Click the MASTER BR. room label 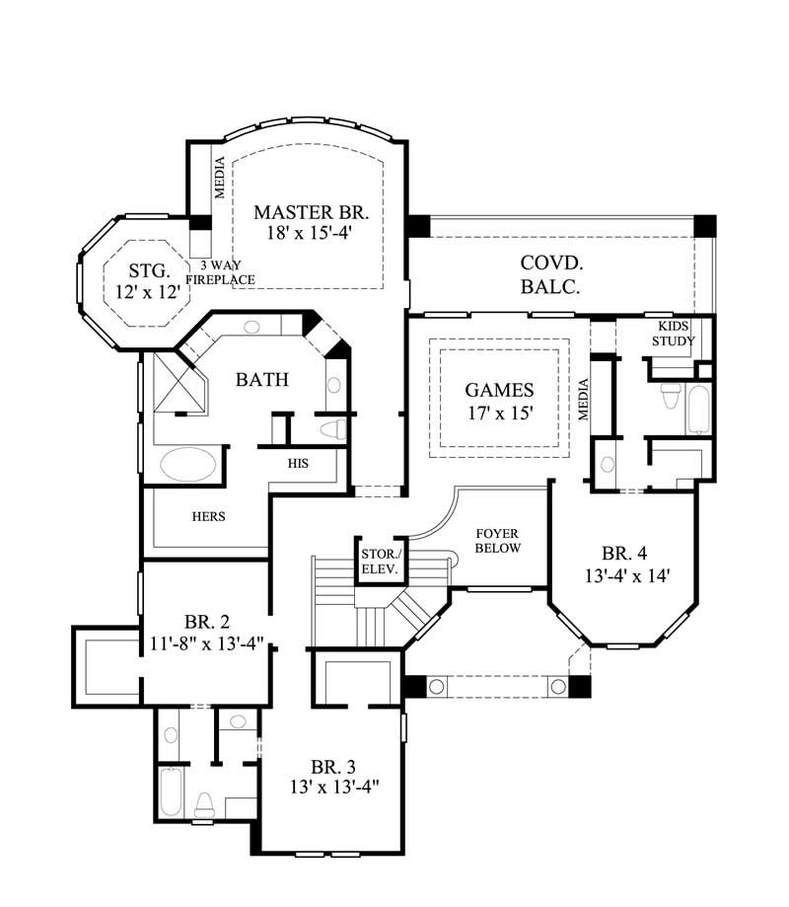(x=311, y=212)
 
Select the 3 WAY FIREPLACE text (x=228, y=272)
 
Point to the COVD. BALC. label (x=550, y=275)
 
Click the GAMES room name (x=499, y=390)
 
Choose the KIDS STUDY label (x=677, y=334)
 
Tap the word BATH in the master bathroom (x=261, y=379)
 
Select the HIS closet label (x=298, y=462)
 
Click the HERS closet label (x=209, y=515)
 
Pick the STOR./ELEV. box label (x=379, y=562)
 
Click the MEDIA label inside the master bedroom (x=220, y=179)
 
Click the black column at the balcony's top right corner (x=704, y=225)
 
